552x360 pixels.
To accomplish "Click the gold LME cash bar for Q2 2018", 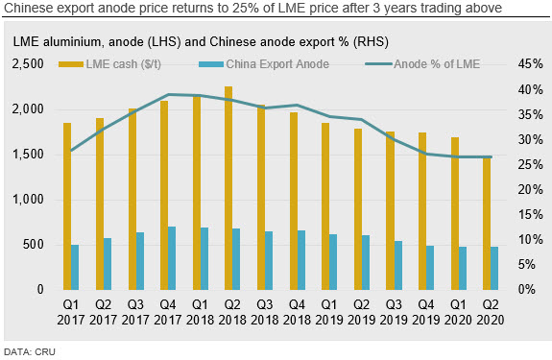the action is (x=228, y=188).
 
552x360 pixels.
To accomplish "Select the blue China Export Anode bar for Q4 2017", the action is (x=172, y=258).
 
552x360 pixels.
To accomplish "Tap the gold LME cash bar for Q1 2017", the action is (x=67, y=206).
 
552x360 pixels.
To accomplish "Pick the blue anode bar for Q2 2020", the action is (x=494, y=268).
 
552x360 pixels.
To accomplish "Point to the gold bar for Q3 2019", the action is (x=390, y=210).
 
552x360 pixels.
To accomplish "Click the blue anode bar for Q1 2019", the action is (x=333, y=262).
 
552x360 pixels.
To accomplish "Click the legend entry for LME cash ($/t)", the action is (x=109, y=64).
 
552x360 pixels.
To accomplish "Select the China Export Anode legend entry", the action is (x=264, y=64).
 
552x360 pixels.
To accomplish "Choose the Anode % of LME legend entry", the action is (x=422, y=64).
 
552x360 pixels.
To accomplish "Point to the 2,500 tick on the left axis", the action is (x=28, y=64).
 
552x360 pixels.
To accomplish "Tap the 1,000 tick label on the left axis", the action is (x=28, y=200).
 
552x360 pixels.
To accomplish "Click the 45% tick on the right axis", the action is (x=530, y=64).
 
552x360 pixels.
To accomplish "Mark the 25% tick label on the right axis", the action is (x=530, y=164).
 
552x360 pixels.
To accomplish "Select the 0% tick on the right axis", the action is (x=527, y=290).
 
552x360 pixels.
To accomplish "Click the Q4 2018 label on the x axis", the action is (x=297, y=312).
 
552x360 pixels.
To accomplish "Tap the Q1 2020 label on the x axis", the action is (x=458, y=312).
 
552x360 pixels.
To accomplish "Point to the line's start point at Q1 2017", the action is (x=71, y=151).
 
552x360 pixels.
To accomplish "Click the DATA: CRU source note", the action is (x=30, y=352).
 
